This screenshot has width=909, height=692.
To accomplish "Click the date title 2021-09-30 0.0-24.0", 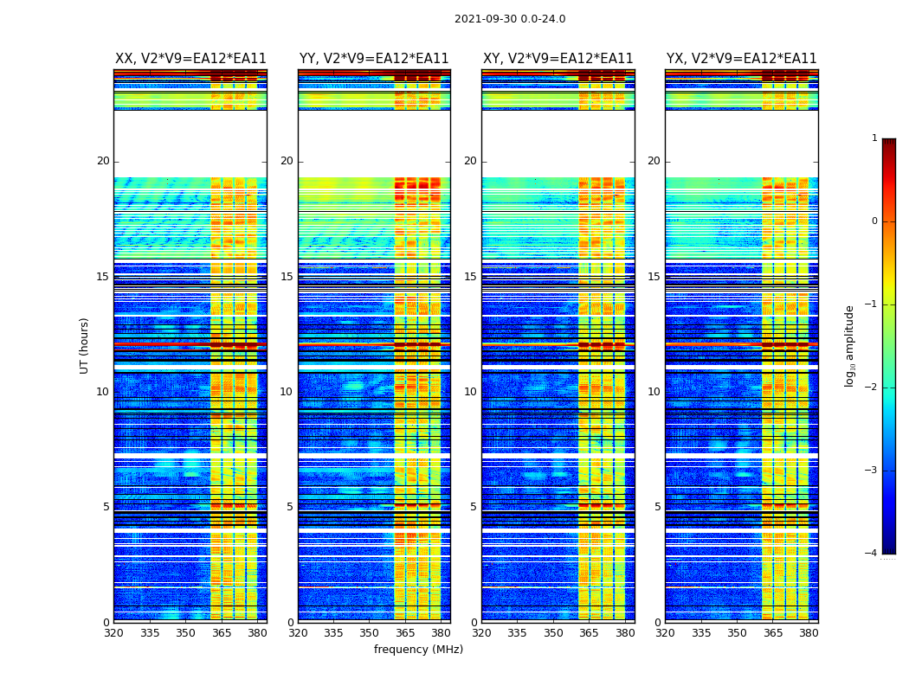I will (x=510, y=19).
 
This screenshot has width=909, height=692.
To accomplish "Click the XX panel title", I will (x=190, y=59).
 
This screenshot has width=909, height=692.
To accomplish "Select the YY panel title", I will (x=374, y=59).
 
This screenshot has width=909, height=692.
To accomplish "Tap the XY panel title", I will (x=558, y=59).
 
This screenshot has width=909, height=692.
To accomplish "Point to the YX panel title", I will (x=742, y=59).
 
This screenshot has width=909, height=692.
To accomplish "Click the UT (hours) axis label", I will (x=85, y=345).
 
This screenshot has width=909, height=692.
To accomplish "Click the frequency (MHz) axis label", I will (x=418, y=650).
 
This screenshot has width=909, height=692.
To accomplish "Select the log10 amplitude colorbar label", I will (x=850, y=345).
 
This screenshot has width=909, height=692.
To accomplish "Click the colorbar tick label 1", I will (x=874, y=138).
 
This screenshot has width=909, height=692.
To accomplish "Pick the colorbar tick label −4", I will (x=872, y=554).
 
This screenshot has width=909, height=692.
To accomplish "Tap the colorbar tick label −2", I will (x=872, y=388).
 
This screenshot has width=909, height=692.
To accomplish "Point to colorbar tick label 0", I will (x=874, y=221).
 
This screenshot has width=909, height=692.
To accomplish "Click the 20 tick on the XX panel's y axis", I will (x=103, y=161).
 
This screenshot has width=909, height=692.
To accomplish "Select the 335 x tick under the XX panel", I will (x=150, y=633).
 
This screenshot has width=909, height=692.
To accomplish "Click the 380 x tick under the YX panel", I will (x=809, y=633).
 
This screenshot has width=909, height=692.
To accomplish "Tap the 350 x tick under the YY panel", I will (x=370, y=633).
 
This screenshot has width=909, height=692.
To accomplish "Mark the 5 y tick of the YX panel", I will (x=657, y=507).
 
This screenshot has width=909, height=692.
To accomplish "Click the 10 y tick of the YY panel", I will (x=287, y=392).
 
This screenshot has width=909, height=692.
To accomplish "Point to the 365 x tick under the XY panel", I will (x=589, y=633).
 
